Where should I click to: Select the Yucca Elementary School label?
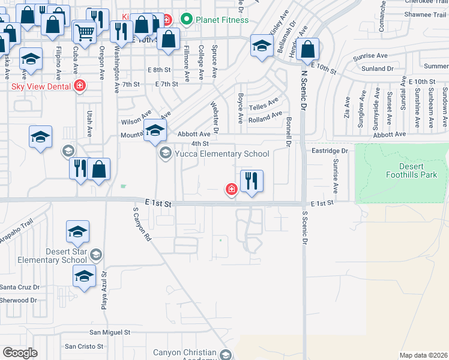coord(221,154)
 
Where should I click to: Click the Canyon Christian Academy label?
coord(184,356)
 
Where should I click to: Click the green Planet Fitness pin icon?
coord(186,20)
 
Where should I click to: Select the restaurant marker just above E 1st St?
coord(252,180)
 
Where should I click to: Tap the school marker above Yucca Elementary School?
coord(155,130)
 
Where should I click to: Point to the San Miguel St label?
coord(110,332)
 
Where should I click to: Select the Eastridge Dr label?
coord(330,151)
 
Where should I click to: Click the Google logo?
coord(20,353)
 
